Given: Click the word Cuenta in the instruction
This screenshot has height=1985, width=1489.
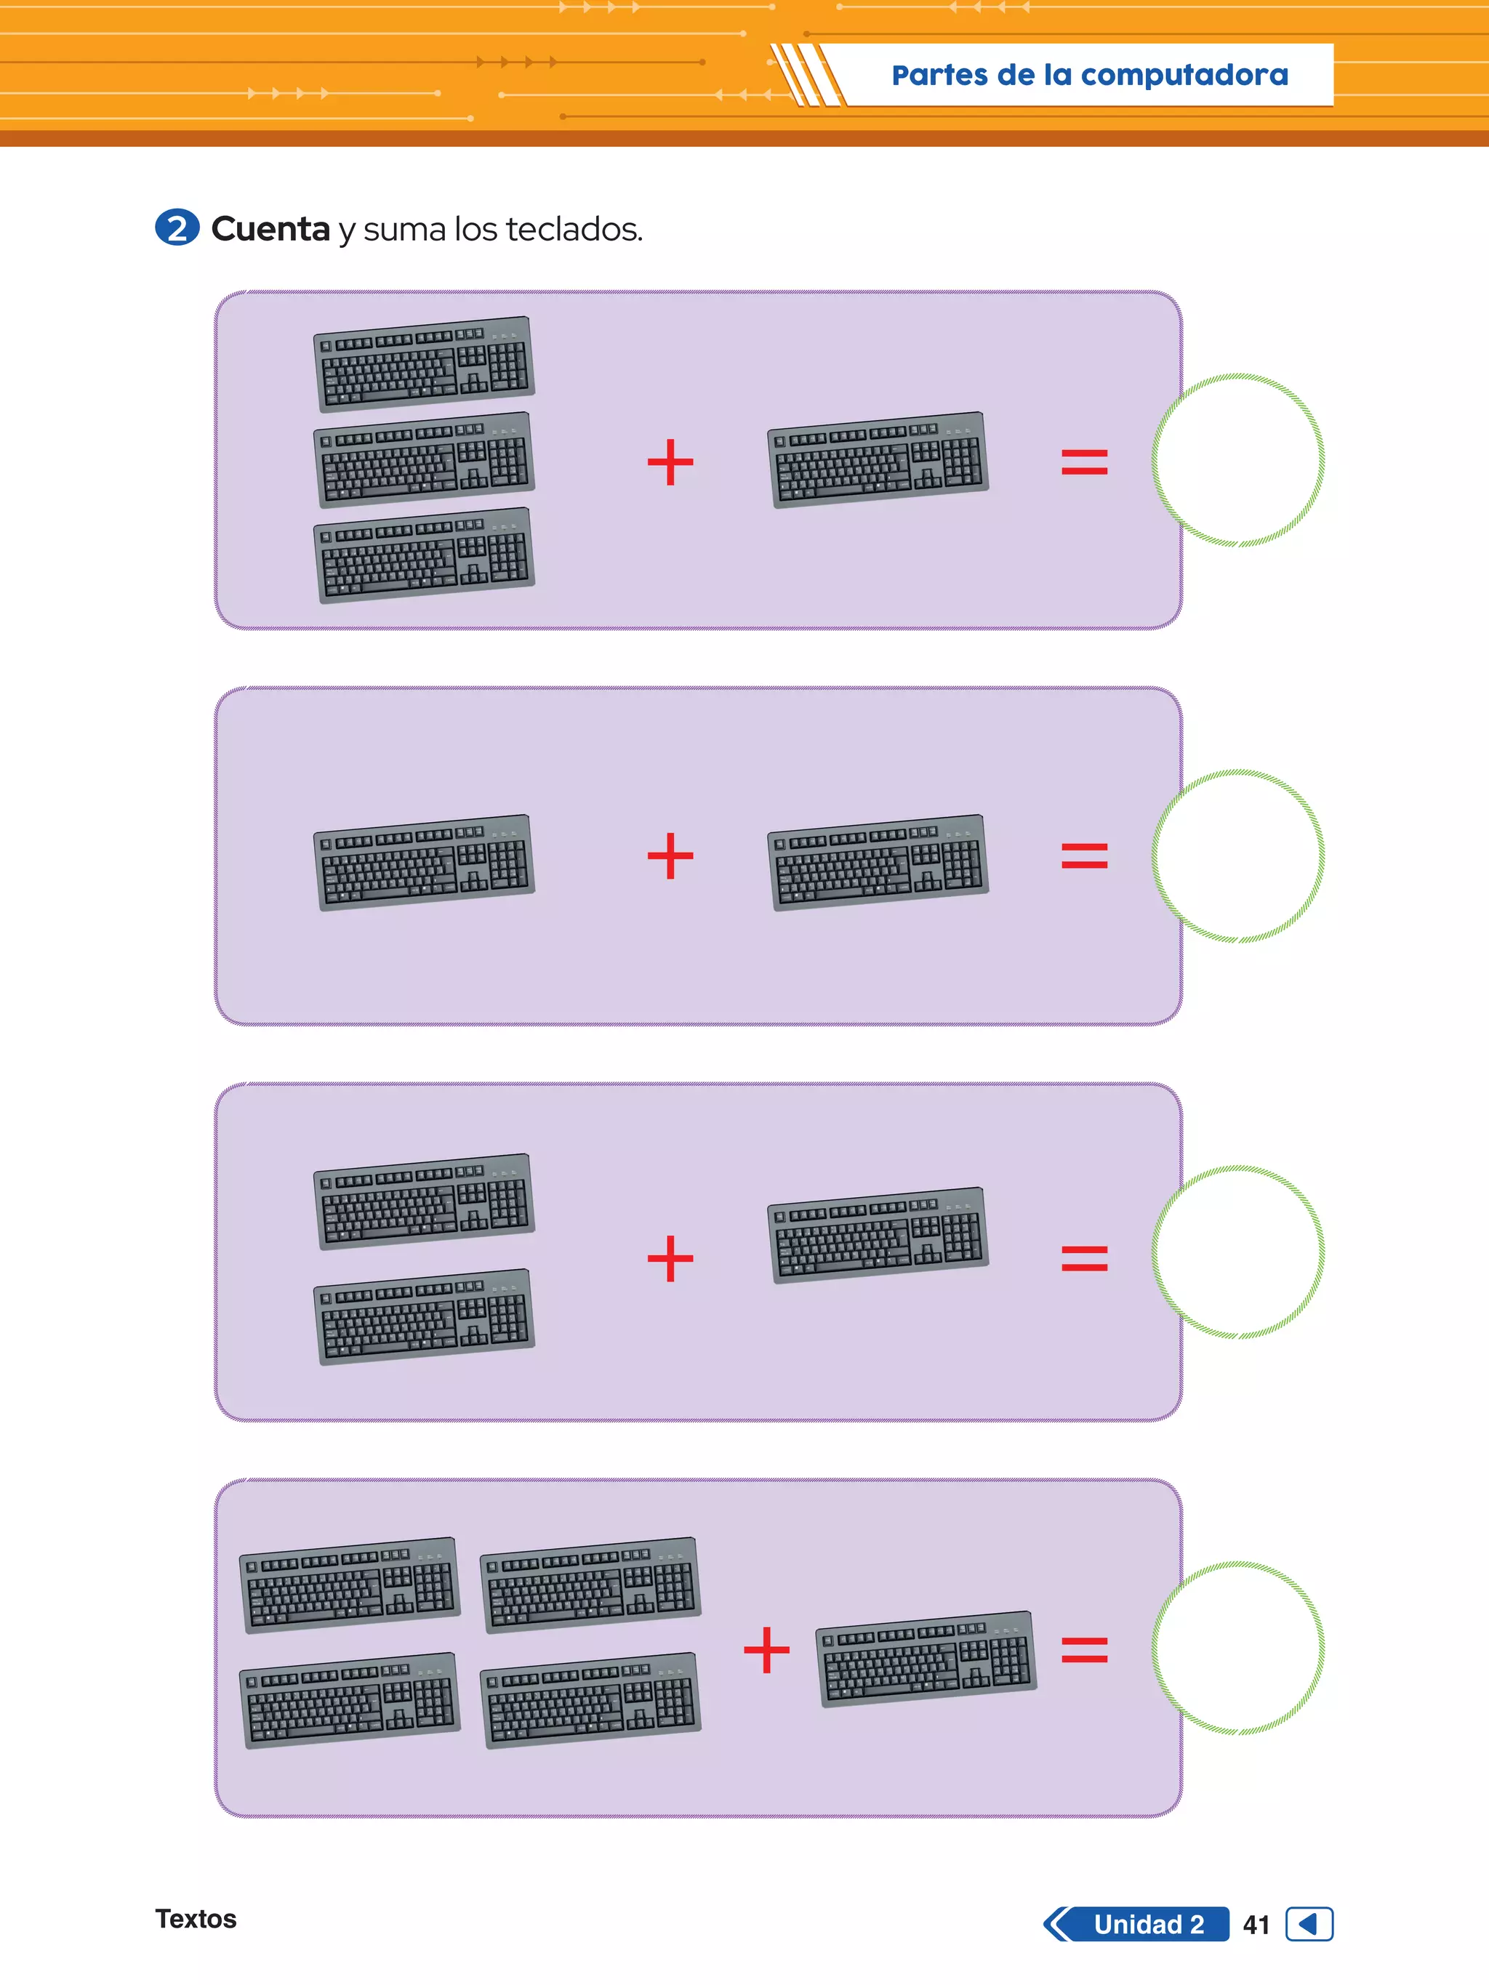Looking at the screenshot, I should click(x=270, y=230).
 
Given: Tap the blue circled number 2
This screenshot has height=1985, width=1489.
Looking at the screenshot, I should click(x=177, y=228).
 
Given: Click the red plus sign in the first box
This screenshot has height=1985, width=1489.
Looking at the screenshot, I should click(x=670, y=462).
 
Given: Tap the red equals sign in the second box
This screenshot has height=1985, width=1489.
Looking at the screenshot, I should click(x=1084, y=856).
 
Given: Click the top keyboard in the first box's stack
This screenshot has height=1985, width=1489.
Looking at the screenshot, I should click(x=425, y=363).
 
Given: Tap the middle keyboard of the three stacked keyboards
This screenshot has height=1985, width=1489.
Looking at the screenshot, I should click(x=425, y=459).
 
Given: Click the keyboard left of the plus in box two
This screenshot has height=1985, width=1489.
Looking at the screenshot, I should click(x=425, y=862).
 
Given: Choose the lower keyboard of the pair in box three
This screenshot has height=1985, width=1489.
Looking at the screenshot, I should click(x=425, y=1316).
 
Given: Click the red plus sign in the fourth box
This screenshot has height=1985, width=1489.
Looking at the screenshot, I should click(x=766, y=1649).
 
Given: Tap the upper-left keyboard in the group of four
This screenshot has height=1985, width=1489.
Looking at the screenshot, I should click(x=350, y=1585).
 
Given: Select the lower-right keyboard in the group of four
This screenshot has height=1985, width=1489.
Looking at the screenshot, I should click(x=590, y=1699).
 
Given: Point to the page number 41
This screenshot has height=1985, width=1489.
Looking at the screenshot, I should click(x=1256, y=1925).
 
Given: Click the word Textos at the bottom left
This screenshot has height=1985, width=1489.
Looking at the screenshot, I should click(x=196, y=1919).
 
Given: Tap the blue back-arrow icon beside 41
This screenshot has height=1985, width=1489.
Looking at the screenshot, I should click(x=1309, y=1924).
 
